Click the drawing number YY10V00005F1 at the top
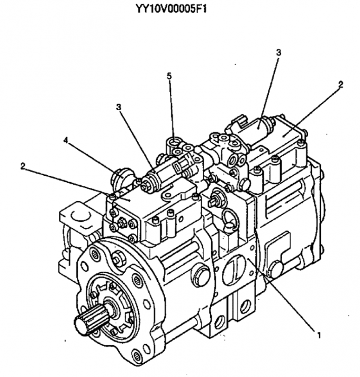pyautogui.click(x=172, y=9)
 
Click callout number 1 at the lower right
pyautogui.click(x=319, y=335)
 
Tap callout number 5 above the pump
pyautogui.click(x=169, y=76)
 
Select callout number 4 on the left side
pyautogui.click(x=66, y=140)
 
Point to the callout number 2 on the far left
pyautogui.click(x=23, y=166)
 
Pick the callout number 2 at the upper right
pyautogui.click(x=340, y=84)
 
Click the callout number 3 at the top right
pyautogui.click(x=278, y=52)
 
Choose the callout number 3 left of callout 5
pyautogui.click(x=119, y=107)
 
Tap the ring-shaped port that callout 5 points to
pyautogui.click(x=173, y=143)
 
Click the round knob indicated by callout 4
pyautogui.click(x=121, y=178)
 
